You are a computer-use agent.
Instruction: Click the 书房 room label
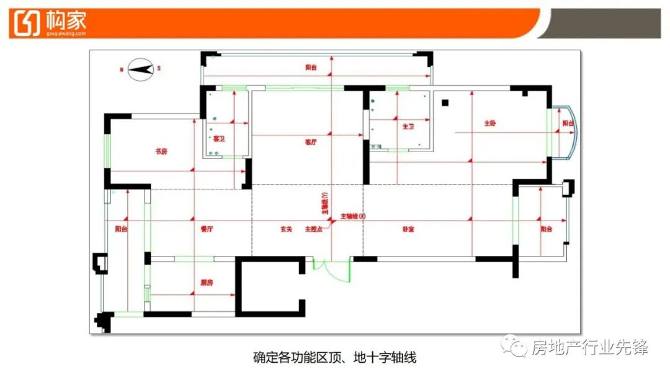(x=161, y=151)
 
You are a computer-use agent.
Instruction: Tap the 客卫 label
(x=218, y=139)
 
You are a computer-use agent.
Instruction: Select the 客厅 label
(x=310, y=142)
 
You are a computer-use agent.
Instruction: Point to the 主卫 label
(x=408, y=126)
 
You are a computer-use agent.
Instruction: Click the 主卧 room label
(x=490, y=123)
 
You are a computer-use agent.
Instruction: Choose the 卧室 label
(x=408, y=229)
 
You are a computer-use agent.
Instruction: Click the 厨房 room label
(x=207, y=282)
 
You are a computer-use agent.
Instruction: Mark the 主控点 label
(x=311, y=229)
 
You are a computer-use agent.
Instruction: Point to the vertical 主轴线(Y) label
(x=324, y=203)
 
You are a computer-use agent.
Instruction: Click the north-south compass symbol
(x=141, y=68)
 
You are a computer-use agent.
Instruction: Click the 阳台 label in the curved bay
(x=568, y=124)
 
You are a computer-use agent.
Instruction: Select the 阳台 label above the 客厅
(x=311, y=67)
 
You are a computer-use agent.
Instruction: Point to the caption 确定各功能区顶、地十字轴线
(x=334, y=357)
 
